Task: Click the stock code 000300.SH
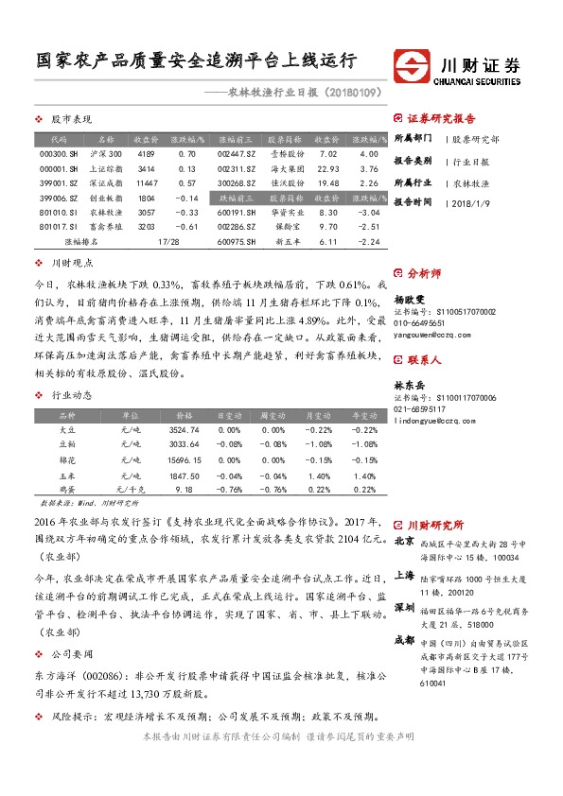click(59, 153)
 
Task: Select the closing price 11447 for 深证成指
click(146, 182)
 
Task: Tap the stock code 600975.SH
click(237, 241)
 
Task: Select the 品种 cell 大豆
click(66, 429)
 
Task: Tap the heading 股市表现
click(71, 120)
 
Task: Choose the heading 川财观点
click(71, 263)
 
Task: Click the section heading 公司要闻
click(71, 679)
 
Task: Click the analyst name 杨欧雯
click(411, 297)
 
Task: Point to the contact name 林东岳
click(411, 385)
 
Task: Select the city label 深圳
click(404, 606)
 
